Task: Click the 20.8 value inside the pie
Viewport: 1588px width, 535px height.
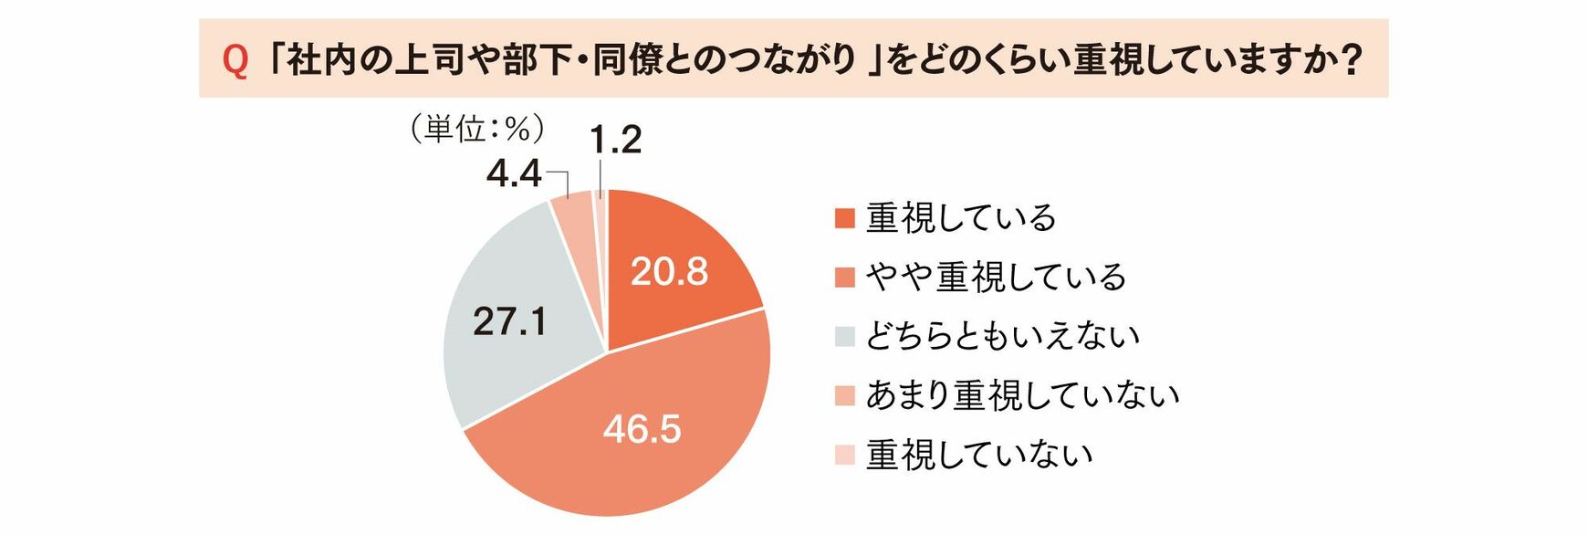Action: pos(669,272)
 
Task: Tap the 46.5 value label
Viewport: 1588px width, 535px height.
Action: pos(642,429)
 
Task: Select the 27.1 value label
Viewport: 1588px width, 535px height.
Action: pos(510,321)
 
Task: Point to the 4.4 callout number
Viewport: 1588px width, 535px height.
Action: pos(514,173)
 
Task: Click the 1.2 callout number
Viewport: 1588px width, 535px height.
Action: pos(615,140)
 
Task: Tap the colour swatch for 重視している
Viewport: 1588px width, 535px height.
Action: pos(845,219)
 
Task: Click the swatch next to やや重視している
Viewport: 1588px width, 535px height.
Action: pos(845,278)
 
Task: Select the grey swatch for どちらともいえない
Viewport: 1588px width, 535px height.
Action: pos(845,337)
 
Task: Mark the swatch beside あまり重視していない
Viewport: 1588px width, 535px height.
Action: pos(845,396)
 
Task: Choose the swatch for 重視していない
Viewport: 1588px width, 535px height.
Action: pos(845,455)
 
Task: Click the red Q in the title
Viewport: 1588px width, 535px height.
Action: pos(235,60)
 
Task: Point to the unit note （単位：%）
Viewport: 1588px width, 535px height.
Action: pos(477,130)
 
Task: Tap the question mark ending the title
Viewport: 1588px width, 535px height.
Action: pos(1352,59)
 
